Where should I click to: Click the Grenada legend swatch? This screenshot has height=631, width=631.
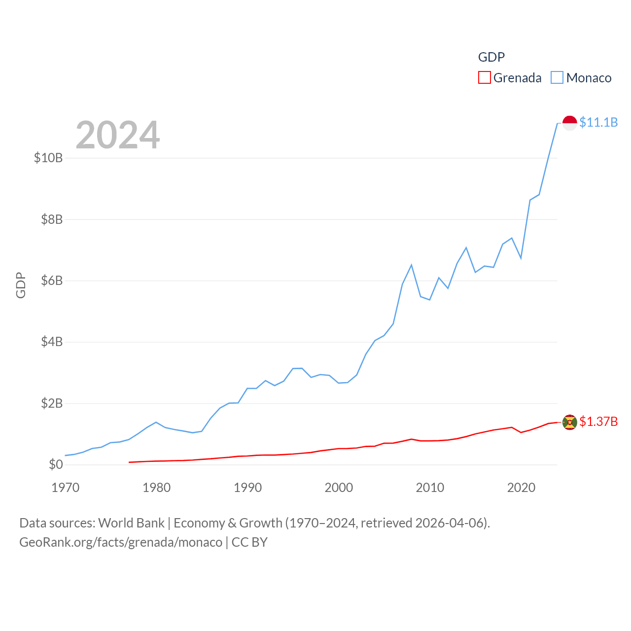coord(485,78)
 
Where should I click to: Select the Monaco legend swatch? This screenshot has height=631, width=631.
coord(557,78)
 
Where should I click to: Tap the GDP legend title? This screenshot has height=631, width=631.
coord(491,57)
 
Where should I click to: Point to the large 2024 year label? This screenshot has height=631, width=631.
coord(118,135)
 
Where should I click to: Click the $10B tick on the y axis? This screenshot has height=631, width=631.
coord(48,158)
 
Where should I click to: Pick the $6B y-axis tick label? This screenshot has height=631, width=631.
coord(52,280)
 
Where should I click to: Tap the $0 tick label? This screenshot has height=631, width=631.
coord(56,464)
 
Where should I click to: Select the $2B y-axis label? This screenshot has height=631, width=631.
coord(52,403)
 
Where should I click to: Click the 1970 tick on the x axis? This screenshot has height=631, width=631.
coord(66,488)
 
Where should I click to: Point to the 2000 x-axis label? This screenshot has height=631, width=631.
coord(339,488)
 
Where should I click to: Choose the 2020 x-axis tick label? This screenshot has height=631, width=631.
coord(521,488)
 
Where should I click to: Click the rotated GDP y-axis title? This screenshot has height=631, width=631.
coord(21,285)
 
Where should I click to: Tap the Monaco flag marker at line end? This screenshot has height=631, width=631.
coord(569,123)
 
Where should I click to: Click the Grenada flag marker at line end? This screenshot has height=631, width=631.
coord(569,422)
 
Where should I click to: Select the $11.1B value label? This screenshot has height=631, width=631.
coord(598,122)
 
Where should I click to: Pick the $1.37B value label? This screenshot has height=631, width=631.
coord(598,421)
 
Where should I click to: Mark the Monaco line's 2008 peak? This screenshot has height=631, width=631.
coord(411,265)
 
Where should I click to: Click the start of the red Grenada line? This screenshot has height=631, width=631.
coord(129,462)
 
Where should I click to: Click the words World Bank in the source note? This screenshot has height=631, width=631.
coord(131,523)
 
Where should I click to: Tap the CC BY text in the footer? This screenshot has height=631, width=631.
coord(249,542)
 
